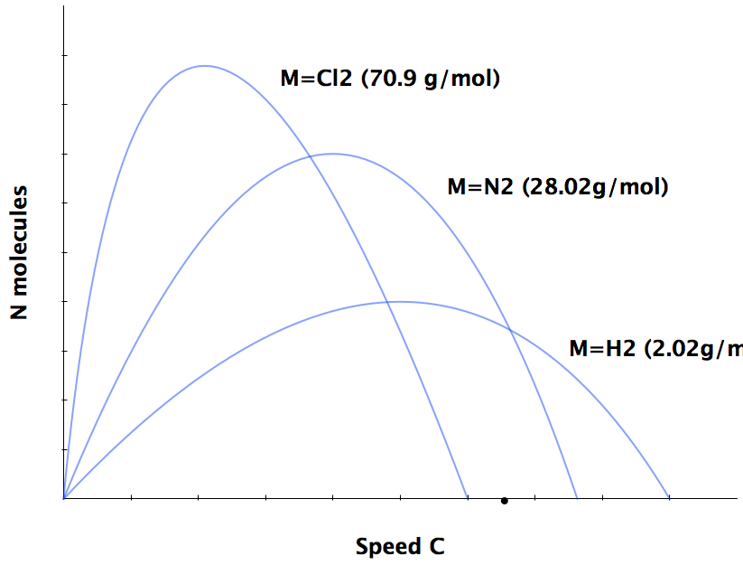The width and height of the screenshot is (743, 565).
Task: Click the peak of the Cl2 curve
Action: coord(205,66)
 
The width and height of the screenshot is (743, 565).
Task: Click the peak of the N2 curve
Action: coord(333,154)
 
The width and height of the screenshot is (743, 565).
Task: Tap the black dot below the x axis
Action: coord(505,501)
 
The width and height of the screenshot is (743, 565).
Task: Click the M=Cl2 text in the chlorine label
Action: coord(317,79)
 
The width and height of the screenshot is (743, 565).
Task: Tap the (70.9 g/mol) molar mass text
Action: coord(431,79)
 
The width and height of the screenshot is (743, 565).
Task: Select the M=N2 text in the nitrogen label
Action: coord(481,188)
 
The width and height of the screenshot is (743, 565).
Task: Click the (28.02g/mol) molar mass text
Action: coord(596,188)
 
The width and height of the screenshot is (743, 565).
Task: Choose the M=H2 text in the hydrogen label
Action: coord(603,349)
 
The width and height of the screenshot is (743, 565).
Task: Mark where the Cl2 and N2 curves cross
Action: coord(311,156)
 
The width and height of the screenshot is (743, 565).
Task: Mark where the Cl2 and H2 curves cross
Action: coord(389,302)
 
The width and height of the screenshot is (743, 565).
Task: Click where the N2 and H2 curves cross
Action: coord(511,331)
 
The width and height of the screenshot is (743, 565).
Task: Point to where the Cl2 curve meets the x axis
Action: coord(468,497)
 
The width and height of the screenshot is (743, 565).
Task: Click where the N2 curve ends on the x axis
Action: coord(577,497)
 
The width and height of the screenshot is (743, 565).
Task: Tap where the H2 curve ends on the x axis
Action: coord(669,497)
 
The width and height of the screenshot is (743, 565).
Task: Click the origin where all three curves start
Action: coord(63,497)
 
